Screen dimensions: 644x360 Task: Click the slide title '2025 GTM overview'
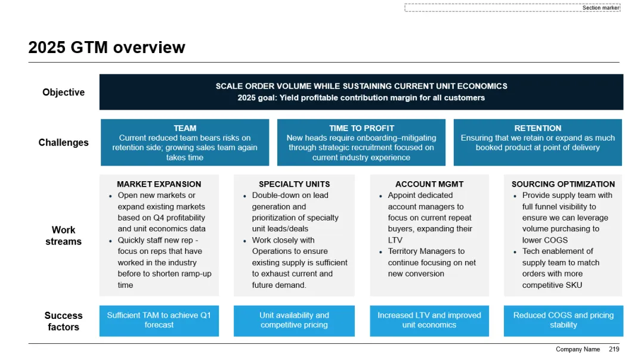[x=107, y=48]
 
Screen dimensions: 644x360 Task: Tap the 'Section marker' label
[x=600, y=8]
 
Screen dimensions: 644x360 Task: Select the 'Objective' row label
[x=64, y=92]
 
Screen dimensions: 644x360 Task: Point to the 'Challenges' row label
[x=64, y=142]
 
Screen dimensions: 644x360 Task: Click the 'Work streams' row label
[x=64, y=235]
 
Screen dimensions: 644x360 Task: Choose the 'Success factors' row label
[x=64, y=321]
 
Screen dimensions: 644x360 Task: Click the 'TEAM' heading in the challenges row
[x=185, y=128]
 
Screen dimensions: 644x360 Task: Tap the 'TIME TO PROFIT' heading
[x=361, y=128]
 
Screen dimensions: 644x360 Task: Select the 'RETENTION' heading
[x=538, y=128]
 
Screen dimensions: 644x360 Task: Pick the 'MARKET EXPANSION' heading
[x=159, y=184]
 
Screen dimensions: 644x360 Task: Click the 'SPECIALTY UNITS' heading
[x=294, y=184]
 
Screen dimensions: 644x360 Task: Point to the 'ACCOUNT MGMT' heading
[x=429, y=184]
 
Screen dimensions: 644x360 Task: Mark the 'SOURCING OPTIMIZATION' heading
[x=563, y=184]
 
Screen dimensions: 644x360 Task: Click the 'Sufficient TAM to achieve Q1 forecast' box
[x=159, y=321]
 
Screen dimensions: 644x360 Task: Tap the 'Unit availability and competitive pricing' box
[x=294, y=321]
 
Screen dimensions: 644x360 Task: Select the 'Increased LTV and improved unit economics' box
[x=429, y=321]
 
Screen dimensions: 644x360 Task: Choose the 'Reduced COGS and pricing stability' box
[x=563, y=321]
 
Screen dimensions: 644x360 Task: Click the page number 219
[x=614, y=349]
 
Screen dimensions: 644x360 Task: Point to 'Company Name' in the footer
[x=578, y=349]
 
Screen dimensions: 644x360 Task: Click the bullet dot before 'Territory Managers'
[x=380, y=252]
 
